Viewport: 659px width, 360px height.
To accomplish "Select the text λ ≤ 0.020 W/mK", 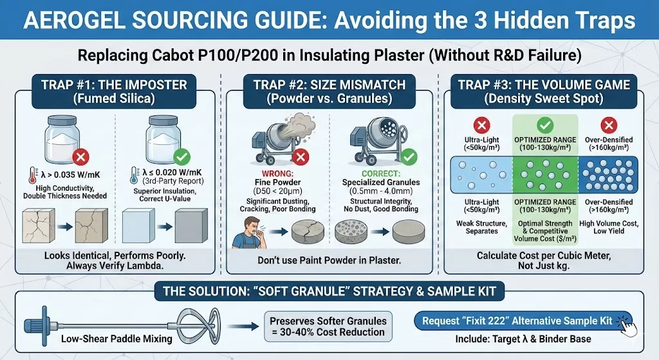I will (169, 173).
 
